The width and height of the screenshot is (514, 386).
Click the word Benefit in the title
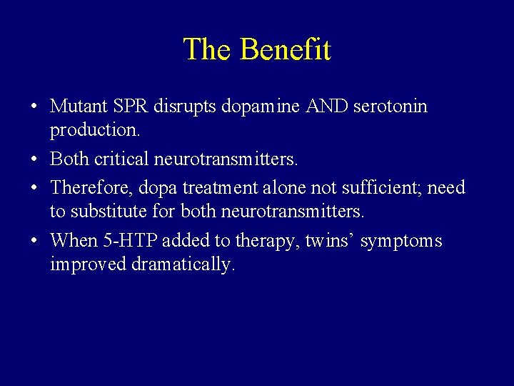point(286,49)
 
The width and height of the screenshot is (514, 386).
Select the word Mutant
point(79,107)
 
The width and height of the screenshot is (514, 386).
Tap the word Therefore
point(91,188)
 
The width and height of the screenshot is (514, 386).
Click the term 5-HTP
point(131,241)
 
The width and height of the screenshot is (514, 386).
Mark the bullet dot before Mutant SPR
point(34,107)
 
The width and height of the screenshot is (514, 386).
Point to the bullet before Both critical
point(34,159)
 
